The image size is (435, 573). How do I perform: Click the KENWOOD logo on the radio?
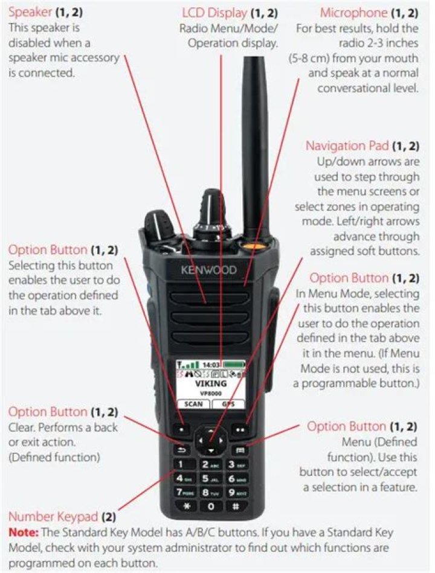tap(209, 270)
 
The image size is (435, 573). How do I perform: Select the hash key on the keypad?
tap(236, 507)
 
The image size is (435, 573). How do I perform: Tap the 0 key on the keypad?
tap(211, 507)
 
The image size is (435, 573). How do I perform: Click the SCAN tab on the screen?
tap(193, 404)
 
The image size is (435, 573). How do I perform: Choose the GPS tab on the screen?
tap(228, 404)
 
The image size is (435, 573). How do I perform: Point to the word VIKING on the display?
tap(211, 383)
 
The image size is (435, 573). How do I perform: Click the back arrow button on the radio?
tap(182, 450)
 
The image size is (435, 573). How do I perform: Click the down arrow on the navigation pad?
tap(211, 451)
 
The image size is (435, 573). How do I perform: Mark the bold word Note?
tap(24, 533)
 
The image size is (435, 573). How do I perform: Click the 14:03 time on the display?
tap(211, 365)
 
